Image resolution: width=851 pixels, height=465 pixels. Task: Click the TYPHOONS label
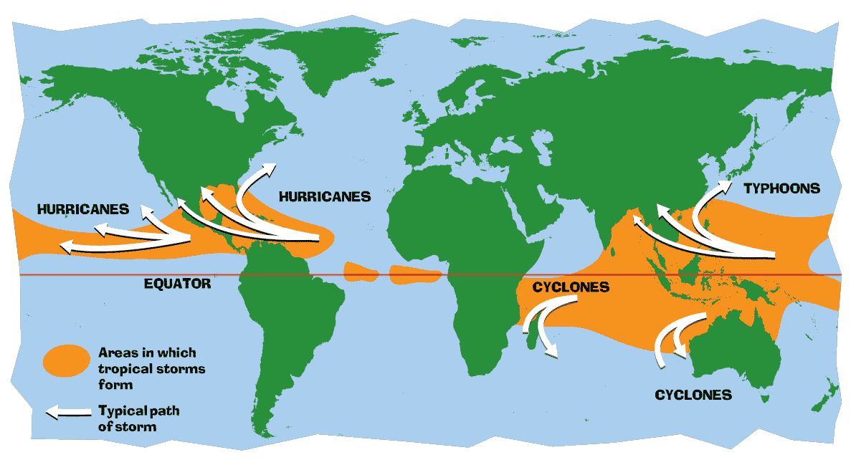click(x=781, y=188)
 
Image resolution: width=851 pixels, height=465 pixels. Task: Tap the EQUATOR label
click(x=178, y=284)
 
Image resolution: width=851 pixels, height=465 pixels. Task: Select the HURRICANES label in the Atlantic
click(x=325, y=196)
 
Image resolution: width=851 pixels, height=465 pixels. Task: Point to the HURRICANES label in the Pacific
click(x=83, y=209)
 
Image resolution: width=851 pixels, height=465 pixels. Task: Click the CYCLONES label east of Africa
click(x=571, y=287)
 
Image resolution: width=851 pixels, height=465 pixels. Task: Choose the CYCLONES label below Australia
click(x=693, y=395)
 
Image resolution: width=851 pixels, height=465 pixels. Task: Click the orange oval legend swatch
click(x=65, y=359)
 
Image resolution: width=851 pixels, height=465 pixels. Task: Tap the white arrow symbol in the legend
click(x=65, y=413)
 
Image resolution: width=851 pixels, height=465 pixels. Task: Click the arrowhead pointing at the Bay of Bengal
click(x=637, y=222)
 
